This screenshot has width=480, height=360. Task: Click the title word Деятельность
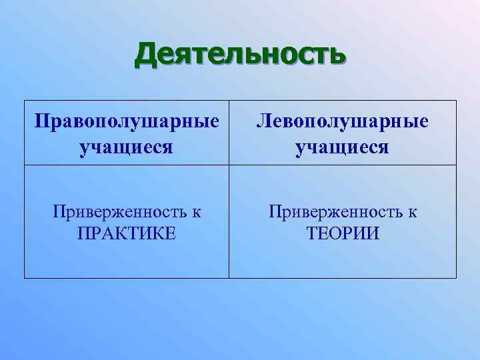(240, 55)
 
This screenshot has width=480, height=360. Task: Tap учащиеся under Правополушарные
(127, 147)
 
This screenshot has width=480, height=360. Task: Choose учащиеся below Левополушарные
(343, 147)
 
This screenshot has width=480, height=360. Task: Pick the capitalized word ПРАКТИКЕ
(127, 234)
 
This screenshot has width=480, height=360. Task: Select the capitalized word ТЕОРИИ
(343, 234)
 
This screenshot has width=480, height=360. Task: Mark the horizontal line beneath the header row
(240, 164)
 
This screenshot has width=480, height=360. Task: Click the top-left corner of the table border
(25, 101)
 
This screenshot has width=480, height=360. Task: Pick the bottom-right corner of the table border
(457, 278)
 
